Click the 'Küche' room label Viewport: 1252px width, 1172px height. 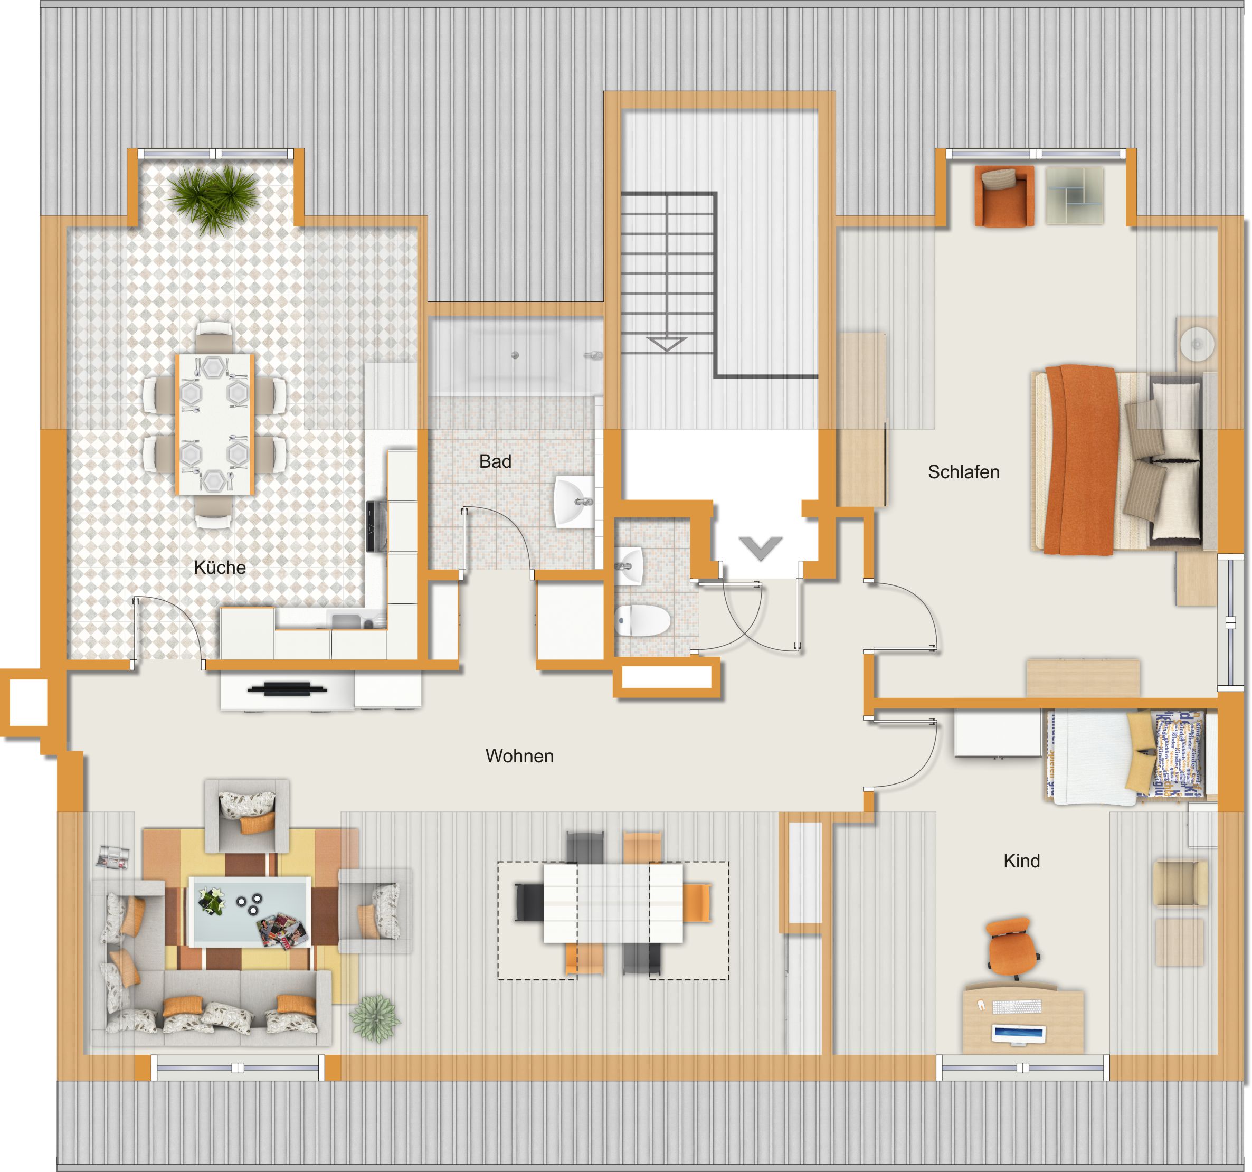(219, 568)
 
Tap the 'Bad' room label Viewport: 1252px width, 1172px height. (495, 461)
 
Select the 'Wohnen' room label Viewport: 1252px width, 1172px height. (519, 755)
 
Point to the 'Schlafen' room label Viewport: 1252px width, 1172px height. (964, 471)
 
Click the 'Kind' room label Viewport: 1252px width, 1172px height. (1021, 861)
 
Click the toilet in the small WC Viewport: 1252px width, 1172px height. (642, 620)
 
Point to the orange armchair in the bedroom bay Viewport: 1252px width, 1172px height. (1004, 196)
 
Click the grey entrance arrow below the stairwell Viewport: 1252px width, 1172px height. (761, 548)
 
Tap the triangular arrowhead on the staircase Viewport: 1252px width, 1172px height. (666, 344)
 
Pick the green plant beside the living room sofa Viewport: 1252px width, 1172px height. (375, 1018)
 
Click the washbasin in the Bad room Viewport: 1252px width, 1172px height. (574, 502)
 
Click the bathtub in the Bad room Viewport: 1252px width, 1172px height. (515, 356)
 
